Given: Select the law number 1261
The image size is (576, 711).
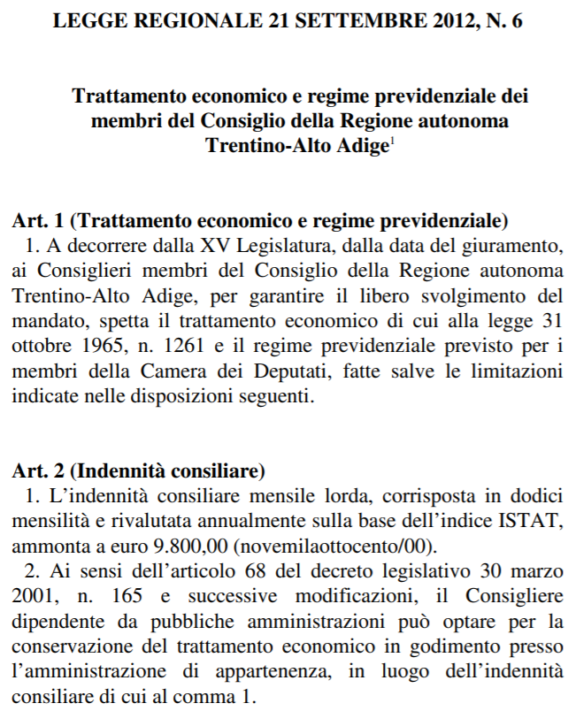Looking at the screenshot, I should (172, 340).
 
